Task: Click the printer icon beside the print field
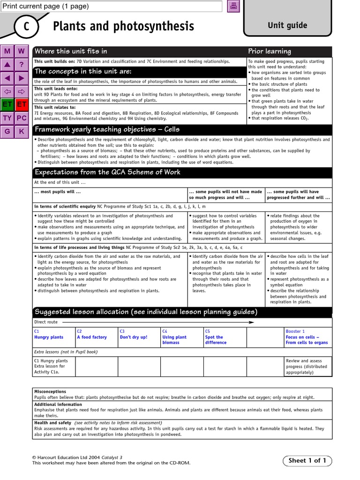(233, 6)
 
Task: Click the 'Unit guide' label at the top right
(287, 25)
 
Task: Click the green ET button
(7, 104)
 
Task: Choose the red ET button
(22, 104)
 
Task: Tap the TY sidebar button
(7, 118)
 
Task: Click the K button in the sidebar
(22, 131)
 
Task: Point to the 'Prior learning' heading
(270, 51)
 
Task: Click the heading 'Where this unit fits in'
(71, 51)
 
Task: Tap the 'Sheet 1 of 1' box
(307, 460)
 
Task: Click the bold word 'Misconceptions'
(50, 391)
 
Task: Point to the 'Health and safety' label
(52, 423)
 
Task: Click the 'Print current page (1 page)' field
(112, 6)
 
